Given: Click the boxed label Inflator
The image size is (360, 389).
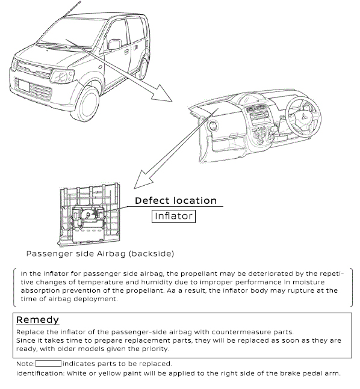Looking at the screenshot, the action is coord(173,216).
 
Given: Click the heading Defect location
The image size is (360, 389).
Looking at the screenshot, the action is coord(176,200).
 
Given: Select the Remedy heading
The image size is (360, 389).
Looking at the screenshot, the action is coord(37,319).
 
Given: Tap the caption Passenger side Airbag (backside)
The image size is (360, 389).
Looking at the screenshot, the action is coord(100,254).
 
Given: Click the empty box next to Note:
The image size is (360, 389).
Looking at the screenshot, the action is coord(48,364).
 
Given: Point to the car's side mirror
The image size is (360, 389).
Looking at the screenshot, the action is coord(114,44).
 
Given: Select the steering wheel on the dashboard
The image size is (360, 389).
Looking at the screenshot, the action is coord(303,116).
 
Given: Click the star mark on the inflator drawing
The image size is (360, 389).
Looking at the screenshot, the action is coord(95,213).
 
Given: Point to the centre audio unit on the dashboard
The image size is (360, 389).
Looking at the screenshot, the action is coord(259,115).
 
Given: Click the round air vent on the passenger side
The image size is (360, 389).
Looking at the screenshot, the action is coord(213,125).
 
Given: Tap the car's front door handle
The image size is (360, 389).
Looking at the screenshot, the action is coord(126,52).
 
